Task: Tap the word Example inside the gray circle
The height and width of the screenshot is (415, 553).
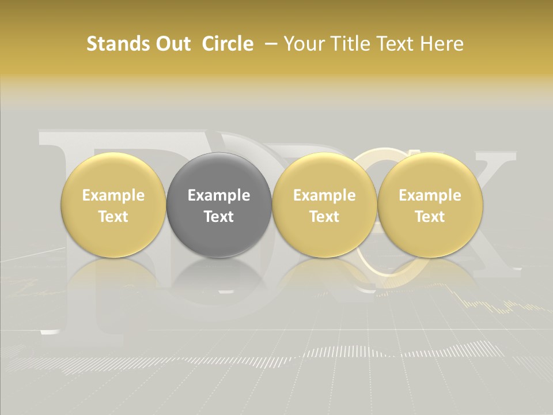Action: point(219,195)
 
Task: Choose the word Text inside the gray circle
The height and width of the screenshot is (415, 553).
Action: point(219,217)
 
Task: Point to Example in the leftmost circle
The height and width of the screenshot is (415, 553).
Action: point(113,195)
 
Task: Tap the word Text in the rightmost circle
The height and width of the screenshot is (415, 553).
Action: point(430,217)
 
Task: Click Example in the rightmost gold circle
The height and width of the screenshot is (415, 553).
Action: point(430,195)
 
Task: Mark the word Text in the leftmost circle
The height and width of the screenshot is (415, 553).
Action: point(113,217)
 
